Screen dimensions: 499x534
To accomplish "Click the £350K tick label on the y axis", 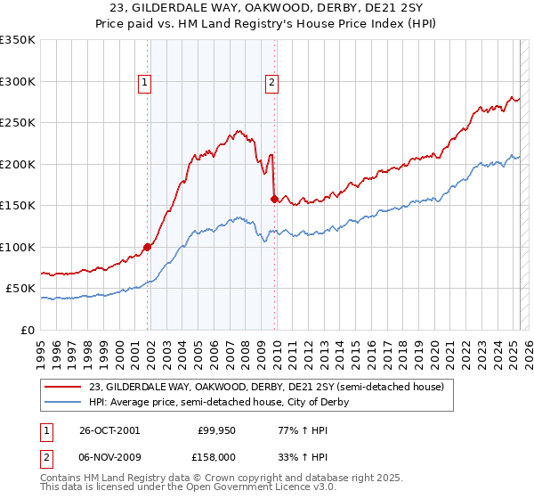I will (18, 40).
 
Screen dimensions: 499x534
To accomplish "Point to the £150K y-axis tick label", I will (18, 205).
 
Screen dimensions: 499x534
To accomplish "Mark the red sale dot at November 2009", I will (274, 200).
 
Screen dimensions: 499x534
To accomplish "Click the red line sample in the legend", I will (64, 387).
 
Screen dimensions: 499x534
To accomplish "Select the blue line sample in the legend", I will (64, 402).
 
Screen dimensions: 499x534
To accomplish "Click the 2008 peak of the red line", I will (238, 130).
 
